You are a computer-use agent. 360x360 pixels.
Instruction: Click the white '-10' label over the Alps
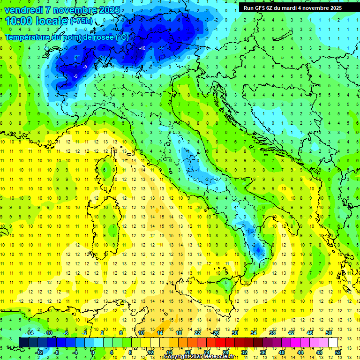tap(142, 48)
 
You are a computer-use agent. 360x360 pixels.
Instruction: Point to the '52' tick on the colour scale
tap(337, 352)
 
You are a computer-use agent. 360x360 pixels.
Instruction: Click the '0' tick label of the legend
tap(92, 352)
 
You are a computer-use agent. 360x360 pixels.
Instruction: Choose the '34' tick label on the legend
tap(254, 333)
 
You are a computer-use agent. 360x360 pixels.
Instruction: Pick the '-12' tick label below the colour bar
tap(40, 352)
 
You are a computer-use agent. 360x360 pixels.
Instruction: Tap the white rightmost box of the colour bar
tap(333, 342)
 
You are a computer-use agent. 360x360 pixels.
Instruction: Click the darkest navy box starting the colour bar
tap(24, 342)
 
